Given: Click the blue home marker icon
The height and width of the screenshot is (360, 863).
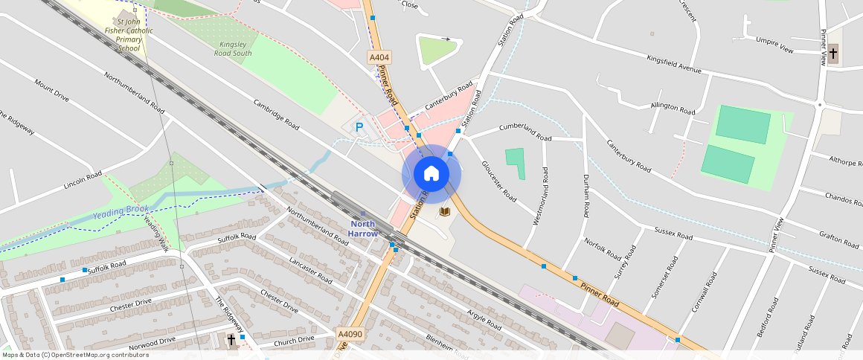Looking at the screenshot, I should tap(431, 174).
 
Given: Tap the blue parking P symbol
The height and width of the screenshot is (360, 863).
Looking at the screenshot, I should tap(359, 128).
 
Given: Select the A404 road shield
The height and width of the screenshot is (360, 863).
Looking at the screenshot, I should tap(379, 57).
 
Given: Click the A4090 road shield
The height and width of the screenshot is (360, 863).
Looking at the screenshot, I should tap(350, 335).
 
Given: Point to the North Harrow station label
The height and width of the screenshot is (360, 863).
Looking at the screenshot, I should tap(363, 228).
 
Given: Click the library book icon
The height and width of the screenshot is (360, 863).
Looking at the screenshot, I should tap(445, 212).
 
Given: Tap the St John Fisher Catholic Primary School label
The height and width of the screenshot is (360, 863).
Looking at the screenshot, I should tap(129, 35).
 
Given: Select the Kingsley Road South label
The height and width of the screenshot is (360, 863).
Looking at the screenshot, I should tap(233, 49).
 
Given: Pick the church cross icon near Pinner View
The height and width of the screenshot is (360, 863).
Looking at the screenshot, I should tap(833, 53).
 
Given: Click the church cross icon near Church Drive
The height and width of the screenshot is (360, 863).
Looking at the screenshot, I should tap(231, 339).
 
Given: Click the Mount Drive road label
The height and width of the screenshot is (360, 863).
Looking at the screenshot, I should tap(51, 89).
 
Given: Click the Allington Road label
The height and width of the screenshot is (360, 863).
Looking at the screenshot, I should tap(673, 108).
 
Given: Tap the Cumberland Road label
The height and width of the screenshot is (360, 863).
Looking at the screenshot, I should tap(525, 132).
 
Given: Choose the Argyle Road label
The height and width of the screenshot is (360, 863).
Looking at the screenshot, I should tap(484, 318).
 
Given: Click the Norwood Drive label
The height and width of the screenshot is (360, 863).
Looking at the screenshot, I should tap(153, 342).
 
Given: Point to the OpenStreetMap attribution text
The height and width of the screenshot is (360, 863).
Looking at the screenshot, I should tap(75, 355).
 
